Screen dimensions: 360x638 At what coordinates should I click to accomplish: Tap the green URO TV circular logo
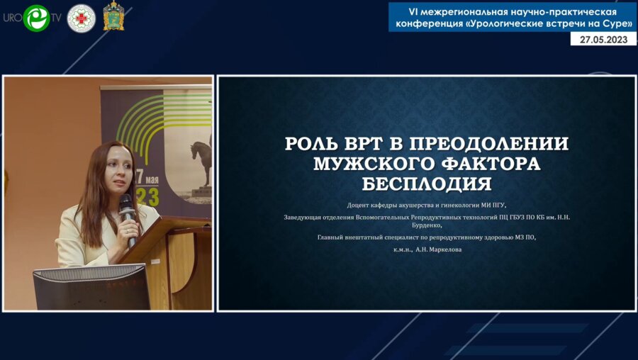coord(36,18)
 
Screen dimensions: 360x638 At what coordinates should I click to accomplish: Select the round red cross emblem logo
coord(81,18)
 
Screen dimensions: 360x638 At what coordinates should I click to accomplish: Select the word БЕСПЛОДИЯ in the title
coord(426,184)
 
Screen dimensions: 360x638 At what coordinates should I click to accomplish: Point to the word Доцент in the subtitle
coord(359,205)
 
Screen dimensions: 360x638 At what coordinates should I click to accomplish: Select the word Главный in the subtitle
coord(331,237)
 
